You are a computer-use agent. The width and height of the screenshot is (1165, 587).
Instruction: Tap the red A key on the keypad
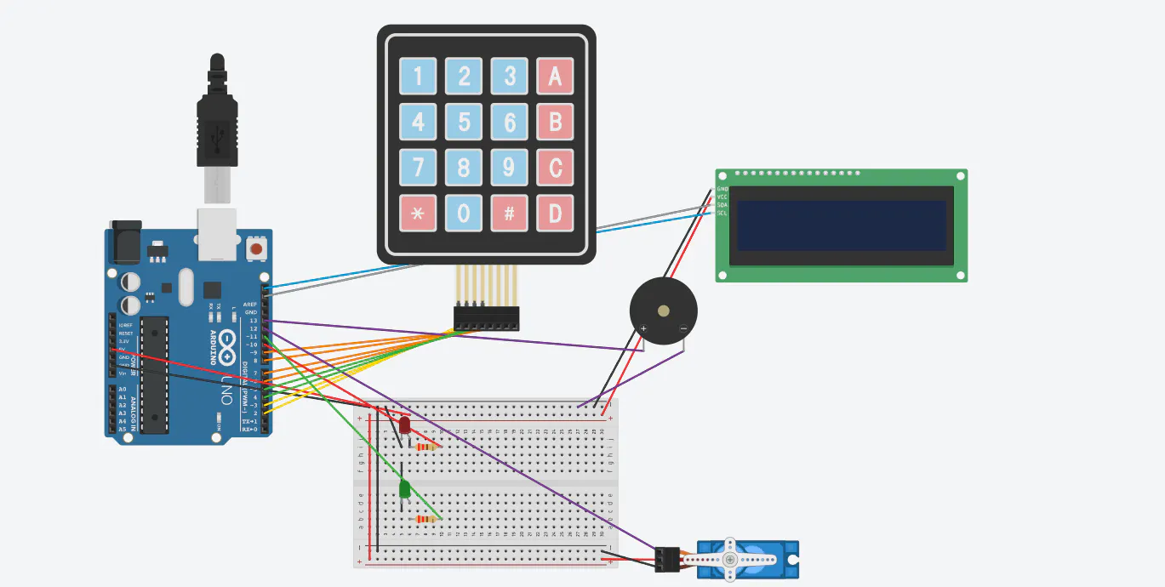555,77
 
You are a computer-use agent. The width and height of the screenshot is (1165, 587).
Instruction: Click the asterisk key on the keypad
417,213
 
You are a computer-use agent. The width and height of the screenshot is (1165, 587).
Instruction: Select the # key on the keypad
509,213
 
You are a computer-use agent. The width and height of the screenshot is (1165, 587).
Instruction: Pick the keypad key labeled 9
509,167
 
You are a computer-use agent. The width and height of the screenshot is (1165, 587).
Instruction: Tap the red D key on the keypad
555,213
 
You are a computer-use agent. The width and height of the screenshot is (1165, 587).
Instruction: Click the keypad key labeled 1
417,77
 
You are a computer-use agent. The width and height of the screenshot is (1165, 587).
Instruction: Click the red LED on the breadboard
404,425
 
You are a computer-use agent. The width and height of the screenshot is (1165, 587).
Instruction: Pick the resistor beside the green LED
425,519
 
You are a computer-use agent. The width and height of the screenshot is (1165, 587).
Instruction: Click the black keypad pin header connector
486,319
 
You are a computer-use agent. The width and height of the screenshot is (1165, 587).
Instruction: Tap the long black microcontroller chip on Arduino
154,373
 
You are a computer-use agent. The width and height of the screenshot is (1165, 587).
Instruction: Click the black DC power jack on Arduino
124,243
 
